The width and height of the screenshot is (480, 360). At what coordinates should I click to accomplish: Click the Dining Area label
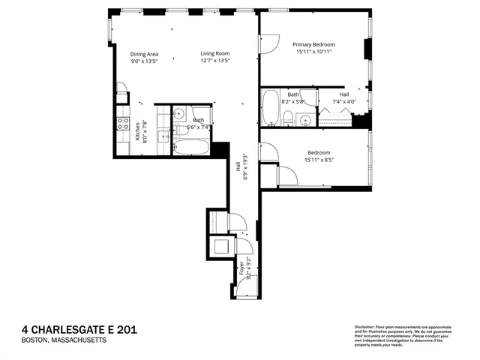(144, 54)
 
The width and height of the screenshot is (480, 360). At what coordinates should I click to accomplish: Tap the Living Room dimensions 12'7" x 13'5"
(214, 62)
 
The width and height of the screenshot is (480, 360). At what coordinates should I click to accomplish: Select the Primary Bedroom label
(313, 45)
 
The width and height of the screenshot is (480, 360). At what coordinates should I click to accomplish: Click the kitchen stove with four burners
(123, 124)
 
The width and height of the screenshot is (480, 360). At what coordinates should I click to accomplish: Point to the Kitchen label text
(137, 133)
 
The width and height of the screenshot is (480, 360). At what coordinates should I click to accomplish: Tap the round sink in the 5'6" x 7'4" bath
(178, 113)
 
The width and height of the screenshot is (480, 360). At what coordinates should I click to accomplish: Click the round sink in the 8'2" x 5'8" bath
(304, 120)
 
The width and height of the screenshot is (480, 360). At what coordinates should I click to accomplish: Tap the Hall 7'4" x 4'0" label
(344, 97)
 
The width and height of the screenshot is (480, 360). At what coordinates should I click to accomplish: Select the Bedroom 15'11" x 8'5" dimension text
(319, 159)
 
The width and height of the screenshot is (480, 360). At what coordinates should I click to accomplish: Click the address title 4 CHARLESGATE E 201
(79, 329)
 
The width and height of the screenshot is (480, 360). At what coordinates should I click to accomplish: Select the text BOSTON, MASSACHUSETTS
(64, 340)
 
